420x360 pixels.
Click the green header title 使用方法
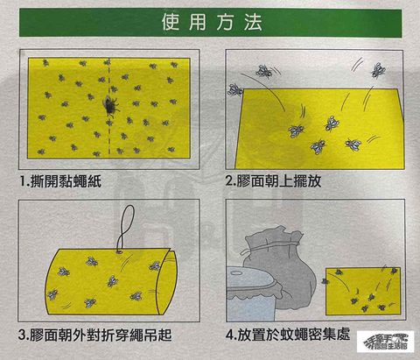(212, 22)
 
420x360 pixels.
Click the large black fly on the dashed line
(110, 105)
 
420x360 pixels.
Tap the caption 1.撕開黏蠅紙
(60, 181)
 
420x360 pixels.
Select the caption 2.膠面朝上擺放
(274, 181)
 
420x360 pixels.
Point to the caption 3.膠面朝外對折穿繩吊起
(95, 335)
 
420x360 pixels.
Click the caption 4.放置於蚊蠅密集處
(288, 335)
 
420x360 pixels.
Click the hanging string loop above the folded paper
(125, 228)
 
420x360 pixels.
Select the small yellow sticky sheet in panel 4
(363, 291)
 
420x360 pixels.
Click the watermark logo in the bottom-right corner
(385, 342)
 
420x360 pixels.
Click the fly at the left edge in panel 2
(235, 89)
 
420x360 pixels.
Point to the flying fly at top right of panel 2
(378, 71)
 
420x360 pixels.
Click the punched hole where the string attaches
(119, 251)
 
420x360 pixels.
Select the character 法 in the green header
(253, 22)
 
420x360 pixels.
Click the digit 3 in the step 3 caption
(22, 335)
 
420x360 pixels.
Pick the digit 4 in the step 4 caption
(230, 335)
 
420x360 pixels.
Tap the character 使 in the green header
(171, 22)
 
